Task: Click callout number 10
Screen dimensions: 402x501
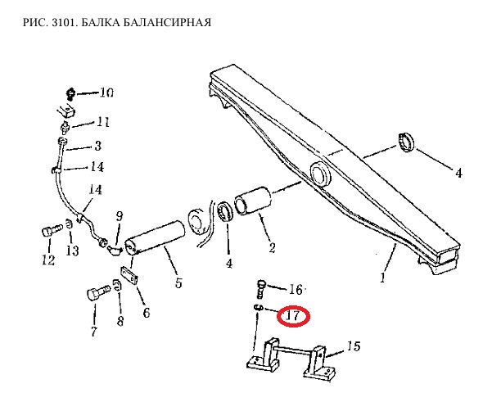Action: pos(106,93)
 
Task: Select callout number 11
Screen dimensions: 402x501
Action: pos(102,123)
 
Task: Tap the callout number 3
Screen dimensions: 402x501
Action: pos(97,147)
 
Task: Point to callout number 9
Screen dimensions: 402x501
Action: pos(120,217)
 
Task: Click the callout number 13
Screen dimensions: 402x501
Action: pos(73,251)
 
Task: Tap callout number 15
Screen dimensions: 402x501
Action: pos(353,347)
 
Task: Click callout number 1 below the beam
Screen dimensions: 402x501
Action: pos(382,278)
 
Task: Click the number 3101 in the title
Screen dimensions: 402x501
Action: pos(58,22)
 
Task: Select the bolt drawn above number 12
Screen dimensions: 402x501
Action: pos(48,230)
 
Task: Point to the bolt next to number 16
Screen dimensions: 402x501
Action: pos(261,287)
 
